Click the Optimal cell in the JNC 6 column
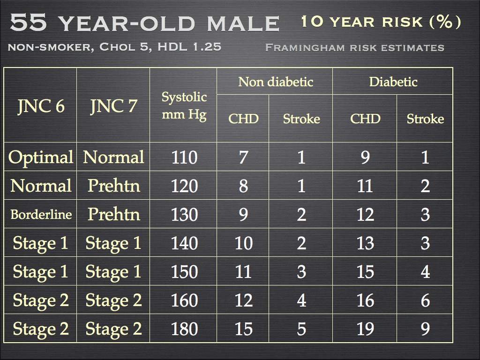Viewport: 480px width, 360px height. (x=41, y=157)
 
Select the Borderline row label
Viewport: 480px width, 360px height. (x=41, y=215)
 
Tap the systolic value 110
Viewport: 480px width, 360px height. (x=184, y=157)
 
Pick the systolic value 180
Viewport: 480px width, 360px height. (x=184, y=329)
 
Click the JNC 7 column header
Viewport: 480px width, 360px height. (x=113, y=106)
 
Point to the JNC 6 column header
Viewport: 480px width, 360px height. (x=41, y=106)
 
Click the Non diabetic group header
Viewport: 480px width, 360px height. (x=276, y=82)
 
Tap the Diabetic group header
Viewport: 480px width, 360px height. (x=393, y=82)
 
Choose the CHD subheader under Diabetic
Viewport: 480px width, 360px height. (x=365, y=119)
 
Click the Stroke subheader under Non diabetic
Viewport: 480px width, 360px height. (x=301, y=119)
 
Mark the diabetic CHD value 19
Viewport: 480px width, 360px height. (x=365, y=329)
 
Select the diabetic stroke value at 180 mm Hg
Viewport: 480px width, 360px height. (x=425, y=329)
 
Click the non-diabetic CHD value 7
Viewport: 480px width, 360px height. (x=243, y=157)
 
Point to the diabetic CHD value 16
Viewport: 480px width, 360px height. (x=365, y=300)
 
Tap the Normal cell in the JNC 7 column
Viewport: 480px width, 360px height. (x=113, y=157)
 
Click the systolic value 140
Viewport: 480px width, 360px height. (x=184, y=243)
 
